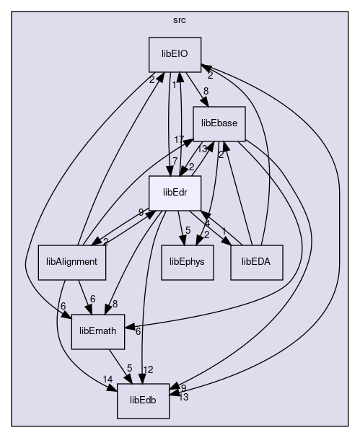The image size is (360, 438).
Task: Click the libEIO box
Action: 175,54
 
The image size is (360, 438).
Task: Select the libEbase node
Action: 219,123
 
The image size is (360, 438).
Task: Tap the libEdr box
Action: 175,193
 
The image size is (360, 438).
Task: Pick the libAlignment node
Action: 71,263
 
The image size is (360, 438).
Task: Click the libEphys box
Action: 187,263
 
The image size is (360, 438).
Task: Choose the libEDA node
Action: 257,263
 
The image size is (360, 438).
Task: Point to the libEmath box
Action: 97,332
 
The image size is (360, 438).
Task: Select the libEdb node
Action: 143,401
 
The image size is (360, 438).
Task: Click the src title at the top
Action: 180,20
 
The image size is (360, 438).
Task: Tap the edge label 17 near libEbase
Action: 179,139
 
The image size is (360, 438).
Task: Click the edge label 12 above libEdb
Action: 148,369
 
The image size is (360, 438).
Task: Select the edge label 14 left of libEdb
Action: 107,379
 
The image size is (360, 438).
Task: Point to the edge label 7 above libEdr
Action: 175,161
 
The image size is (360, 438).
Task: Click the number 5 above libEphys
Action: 188,230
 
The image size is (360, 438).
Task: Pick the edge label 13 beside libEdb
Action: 183,397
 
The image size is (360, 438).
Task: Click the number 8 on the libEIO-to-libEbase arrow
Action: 206,91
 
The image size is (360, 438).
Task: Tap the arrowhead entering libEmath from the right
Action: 129,327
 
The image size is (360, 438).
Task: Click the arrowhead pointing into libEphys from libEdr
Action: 183,240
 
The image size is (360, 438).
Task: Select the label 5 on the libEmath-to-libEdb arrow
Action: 129,368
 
